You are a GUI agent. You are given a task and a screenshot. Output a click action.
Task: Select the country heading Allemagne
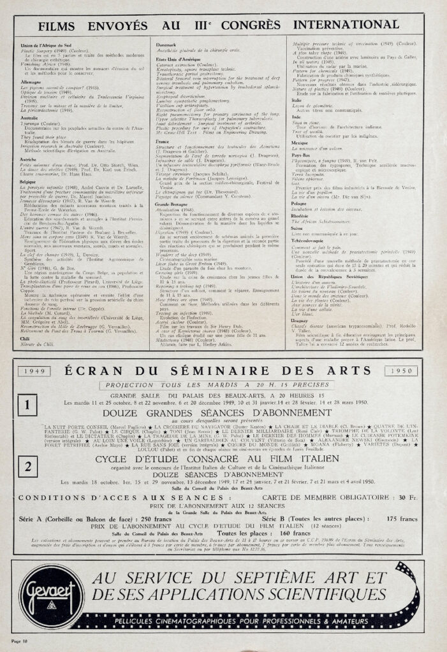[x=31, y=82]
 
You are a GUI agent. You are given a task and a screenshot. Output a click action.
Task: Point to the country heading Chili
[x=26, y=339]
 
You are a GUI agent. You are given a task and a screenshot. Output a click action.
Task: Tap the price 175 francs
[x=403, y=520]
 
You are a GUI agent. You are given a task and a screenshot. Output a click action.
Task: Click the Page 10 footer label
[x=22, y=639]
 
